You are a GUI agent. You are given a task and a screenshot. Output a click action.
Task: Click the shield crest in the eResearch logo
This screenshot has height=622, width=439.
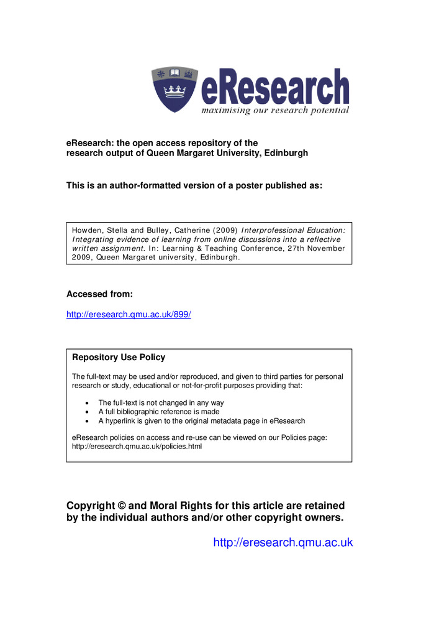174,89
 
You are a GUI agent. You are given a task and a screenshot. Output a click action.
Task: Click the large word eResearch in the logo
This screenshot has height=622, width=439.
275,88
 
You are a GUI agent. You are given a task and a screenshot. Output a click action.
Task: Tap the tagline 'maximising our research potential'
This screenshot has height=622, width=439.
274,111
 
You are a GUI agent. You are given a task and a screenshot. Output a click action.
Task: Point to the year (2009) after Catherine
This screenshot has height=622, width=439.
223,230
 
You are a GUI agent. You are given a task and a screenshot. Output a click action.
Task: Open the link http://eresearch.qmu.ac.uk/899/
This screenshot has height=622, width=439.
129,315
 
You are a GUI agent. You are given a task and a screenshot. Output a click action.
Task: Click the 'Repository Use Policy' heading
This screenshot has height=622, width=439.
119,358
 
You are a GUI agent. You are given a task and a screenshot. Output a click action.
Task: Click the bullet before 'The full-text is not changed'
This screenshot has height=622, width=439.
86,403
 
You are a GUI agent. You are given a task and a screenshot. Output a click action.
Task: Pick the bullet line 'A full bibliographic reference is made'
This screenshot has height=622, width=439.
158,412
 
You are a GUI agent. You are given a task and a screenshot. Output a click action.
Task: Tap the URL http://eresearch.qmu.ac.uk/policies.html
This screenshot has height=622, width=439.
137,447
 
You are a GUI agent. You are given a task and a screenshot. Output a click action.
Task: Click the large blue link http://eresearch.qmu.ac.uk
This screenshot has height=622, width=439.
283,543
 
